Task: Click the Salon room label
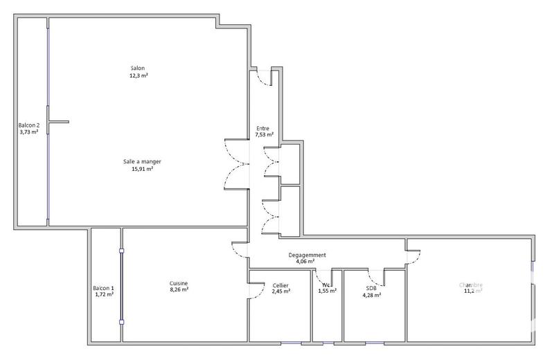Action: point(138,68)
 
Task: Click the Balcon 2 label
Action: point(29,125)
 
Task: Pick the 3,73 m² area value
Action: point(29,132)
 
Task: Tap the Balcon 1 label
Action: point(104,288)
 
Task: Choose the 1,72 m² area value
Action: point(104,294)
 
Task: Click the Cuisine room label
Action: point(179,282)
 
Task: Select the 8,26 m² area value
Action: point(179,289)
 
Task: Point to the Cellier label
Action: point(280,285)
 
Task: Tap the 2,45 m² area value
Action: point(280,291)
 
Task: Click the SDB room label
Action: point(371,288)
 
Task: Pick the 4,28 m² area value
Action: point(371,295)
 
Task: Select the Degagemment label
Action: point(307,255)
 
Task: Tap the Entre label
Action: point(263,128)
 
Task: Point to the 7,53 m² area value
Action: point(265,135)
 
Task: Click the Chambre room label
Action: point(471,285)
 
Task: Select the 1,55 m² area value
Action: point(327,291)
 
